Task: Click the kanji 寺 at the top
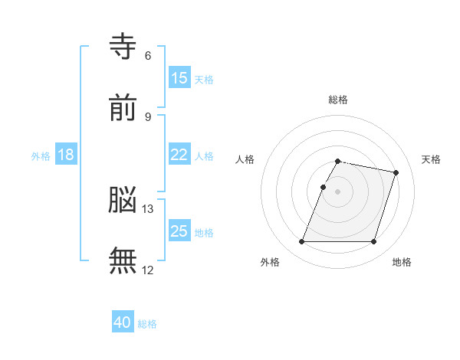point(123,46)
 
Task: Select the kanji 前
point(123,107)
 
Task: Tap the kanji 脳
point(123,199)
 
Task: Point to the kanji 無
point(123,260)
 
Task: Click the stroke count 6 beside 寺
point(148,56)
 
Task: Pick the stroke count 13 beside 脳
point(147,209)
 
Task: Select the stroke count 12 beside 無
point(147,270)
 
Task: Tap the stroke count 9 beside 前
point(148,117)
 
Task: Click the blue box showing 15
point(179,77)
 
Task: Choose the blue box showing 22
point(179,154)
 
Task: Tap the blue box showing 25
point(179,230)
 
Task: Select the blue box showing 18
point(66,154)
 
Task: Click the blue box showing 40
point(123,321)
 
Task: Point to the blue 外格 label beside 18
point(41,156)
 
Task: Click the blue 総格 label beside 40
point(147,324)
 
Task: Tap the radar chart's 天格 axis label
point(431,159)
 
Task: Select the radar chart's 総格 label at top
point(338,100)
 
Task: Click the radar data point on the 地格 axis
point(373,241)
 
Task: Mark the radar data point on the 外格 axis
point(301,241)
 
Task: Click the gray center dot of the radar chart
point(337,191)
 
